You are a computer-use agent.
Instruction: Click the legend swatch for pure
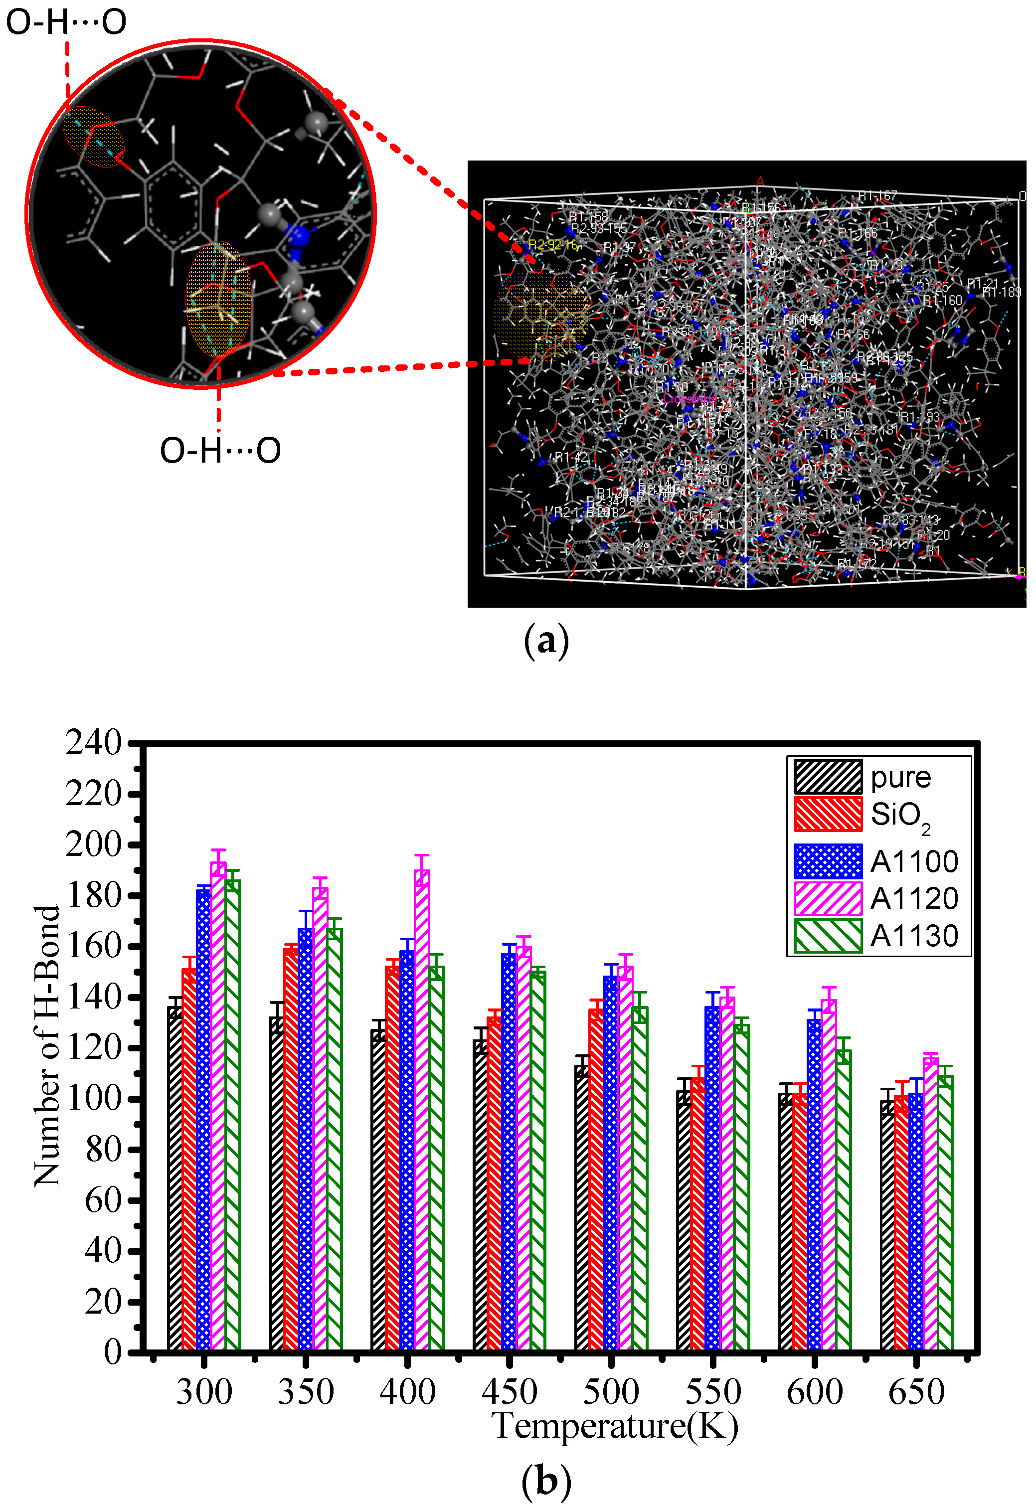tap(827, 777)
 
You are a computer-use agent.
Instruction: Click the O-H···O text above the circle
tap(66, 22)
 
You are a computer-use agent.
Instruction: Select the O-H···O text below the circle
tap(220, 450)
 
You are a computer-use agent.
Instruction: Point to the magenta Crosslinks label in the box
tap(688, 398)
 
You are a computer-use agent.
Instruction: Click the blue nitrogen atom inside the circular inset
tap(299, 235)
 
